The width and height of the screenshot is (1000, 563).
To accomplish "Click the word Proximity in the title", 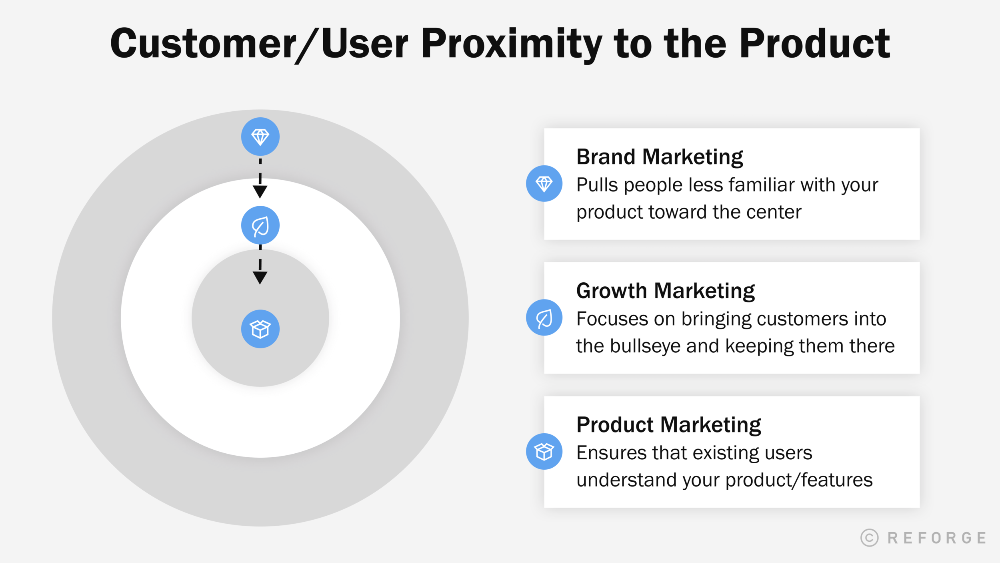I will point(511,44).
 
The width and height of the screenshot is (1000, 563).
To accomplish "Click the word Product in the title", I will point(814,44).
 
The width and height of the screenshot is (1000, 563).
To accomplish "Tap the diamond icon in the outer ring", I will point(260,137).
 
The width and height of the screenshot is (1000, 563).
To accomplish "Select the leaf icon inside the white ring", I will point(260,225).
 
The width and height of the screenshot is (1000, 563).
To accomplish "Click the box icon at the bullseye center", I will point(260,329).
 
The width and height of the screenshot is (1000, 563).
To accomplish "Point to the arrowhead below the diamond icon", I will point(260,191).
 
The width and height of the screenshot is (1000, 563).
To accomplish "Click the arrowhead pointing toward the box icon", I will point(260,277).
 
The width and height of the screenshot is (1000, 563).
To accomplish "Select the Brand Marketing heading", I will point(659,157).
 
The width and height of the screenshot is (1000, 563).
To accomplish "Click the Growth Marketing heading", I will point(665,291).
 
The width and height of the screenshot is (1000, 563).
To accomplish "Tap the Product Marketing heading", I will point(668,425).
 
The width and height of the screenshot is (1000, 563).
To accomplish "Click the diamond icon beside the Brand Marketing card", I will point(544,183).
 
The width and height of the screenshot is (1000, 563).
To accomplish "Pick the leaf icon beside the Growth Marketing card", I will point(544,318).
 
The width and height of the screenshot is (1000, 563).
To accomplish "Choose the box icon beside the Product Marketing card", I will point(544,451).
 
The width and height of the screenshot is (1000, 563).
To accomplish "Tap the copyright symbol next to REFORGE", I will point(869,537).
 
